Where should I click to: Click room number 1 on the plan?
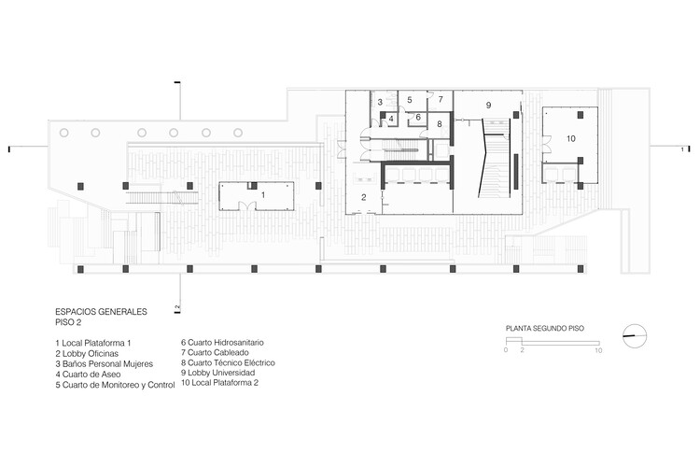[x=263, y=194]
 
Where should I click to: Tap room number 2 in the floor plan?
[x=364, y=196]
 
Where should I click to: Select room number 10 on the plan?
[x=570, y=138]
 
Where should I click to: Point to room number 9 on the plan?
[x=487, y=106]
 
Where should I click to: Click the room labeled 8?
[x=440, y=123]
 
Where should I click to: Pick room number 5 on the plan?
[x=410, y=99]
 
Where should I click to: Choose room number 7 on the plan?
[x=441, y=99]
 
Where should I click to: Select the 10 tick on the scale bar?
[x=598, y=350]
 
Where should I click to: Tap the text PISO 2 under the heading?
[x=69, y=322]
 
